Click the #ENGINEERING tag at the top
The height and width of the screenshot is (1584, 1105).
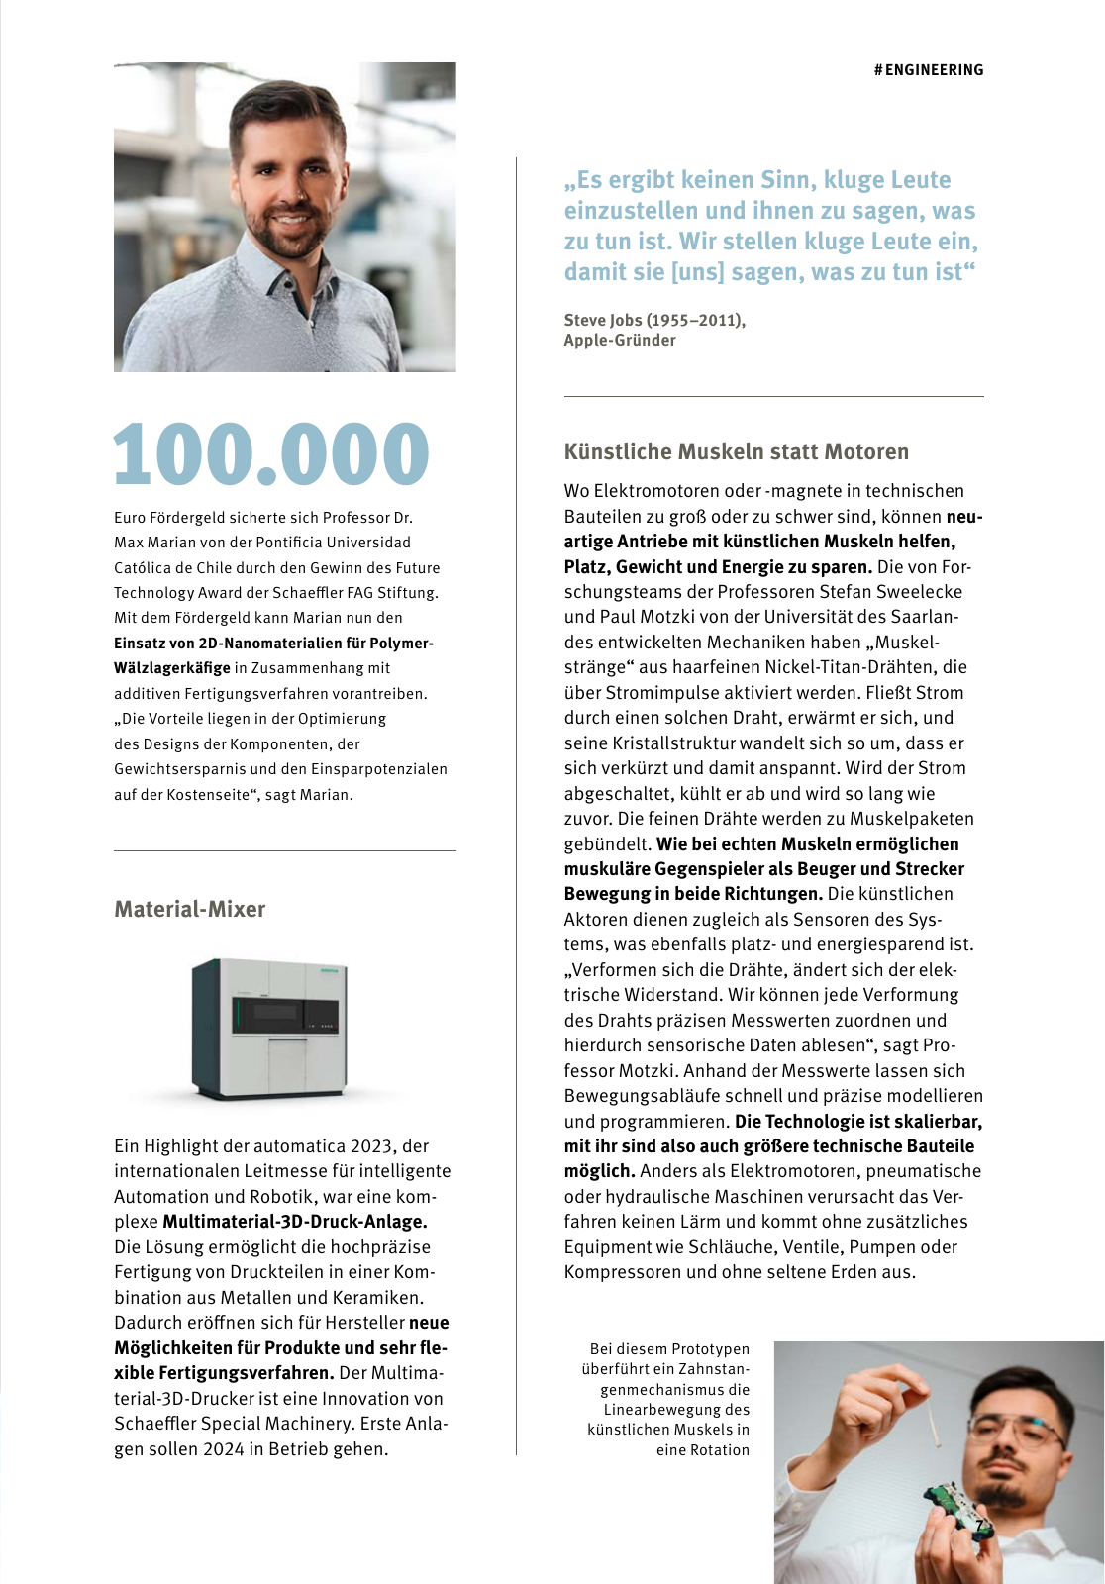point(929,70)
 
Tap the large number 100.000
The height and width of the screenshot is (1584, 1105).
point(271,455)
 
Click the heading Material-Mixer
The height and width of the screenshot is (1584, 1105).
point(190,909)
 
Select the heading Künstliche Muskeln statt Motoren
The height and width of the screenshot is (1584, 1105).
point(736,452)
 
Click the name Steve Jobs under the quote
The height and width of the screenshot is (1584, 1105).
point(602,320)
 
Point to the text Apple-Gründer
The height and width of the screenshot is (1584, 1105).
point(620,341)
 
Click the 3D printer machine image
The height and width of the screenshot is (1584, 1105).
point(269,1030)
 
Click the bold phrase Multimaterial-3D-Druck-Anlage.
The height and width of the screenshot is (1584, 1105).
point(295,1222)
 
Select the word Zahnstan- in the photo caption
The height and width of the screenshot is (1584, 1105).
point(715,1369)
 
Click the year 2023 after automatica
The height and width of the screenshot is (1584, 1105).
point(371,1146)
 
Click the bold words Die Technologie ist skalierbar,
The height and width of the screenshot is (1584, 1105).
point(857,1122)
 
